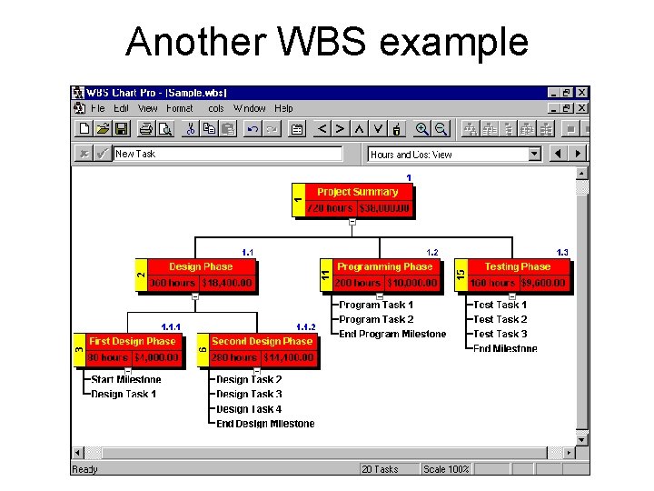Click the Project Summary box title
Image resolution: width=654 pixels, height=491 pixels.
click(x=357, y=192)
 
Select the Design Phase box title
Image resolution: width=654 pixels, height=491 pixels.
click(x=201, y=266)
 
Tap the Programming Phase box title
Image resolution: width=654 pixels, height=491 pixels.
click(x=384, y=266)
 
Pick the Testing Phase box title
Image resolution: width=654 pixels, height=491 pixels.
click(x=517, y=266)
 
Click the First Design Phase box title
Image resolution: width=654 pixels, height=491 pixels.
click(x=132, y=341)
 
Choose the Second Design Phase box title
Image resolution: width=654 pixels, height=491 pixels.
click(x=263, y=341)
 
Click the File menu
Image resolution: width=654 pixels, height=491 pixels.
click(x=98, y=108)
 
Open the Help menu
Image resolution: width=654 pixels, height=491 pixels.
click(x=283, y=108)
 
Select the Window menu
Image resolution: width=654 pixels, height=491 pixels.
click(x=250, y=108)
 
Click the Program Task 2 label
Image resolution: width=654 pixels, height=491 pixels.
click(x=376, y=319)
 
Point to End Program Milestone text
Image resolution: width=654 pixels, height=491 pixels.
click(x=392, y=334)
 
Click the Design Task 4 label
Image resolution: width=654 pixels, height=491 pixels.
click(x=249, y=408)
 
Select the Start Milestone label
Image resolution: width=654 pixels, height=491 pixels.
click(x=126, y=379)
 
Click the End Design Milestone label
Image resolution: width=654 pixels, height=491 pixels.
click(x=265, y=423)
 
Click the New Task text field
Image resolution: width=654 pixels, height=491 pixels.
click(x=227, y=154)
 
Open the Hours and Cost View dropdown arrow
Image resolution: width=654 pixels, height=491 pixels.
click(x=534, y=154)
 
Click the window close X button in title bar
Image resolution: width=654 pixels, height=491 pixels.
click(x=582, y=93)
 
